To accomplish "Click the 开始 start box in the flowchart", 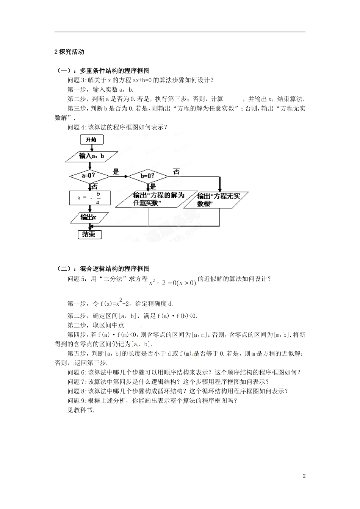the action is pos(91,140).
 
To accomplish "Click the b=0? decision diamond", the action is pos(147,176).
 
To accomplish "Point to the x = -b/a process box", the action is pos(89,198).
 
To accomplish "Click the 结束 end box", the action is pos(89,234).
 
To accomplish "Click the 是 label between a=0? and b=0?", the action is pos(116,172).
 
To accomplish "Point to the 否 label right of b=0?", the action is pos(176,172).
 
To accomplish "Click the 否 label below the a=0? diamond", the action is pos(94,186).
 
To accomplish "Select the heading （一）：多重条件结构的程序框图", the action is pos(102,71).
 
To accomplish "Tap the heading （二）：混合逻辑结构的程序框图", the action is pos(102,269).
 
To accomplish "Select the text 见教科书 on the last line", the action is pos(80,410).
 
